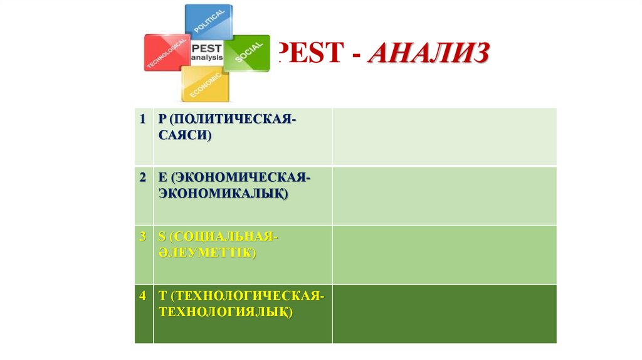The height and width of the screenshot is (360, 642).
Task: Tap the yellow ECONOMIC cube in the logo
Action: click(205, 85)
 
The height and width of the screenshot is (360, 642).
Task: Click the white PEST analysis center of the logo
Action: click(206, 52)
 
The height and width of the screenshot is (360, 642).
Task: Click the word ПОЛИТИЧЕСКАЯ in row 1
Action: click(233, 119)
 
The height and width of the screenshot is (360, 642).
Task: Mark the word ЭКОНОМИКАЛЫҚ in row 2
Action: click(223, 194)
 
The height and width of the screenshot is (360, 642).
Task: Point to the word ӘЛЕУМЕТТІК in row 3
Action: click(208, 253)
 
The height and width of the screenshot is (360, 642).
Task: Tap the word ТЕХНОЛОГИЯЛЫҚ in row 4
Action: click(226, 311)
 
